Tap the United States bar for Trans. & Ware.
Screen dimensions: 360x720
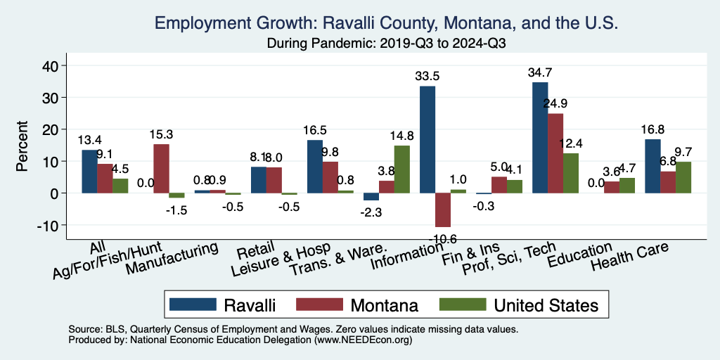click(401, 169)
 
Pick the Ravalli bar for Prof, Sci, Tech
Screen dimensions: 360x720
click(540, 137)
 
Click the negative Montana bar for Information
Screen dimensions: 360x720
click(442, 210)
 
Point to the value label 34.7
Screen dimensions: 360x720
click(541, 72)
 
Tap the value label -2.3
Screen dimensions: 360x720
click(371, 211)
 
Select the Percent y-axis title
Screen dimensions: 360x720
click(23, 148)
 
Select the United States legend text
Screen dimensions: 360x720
click(546, 304)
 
